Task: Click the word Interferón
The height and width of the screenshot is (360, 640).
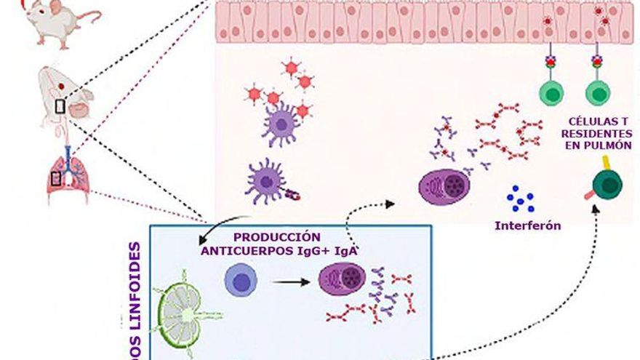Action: [528, 225]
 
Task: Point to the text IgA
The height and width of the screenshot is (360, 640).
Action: [353, 250]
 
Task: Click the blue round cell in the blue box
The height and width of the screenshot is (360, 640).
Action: [241, 281]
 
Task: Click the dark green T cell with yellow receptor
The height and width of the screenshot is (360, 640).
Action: [606, 183]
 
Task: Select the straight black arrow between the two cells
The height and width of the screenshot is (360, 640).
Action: [289, 281]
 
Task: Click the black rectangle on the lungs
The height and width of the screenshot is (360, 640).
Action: [57, 177]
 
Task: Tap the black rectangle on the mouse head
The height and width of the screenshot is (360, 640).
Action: [60, 106]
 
